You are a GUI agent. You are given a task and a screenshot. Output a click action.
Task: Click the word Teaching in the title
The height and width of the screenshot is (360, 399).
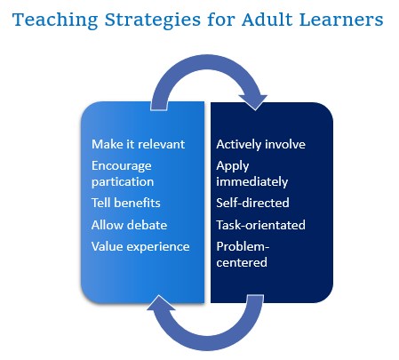point(55,20)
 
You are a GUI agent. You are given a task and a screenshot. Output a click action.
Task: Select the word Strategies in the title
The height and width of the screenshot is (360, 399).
point(153,20)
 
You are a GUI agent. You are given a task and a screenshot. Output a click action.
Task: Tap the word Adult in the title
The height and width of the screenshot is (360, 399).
point(267,20)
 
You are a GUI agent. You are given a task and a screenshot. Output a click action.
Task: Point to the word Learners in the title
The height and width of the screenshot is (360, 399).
point(341,20)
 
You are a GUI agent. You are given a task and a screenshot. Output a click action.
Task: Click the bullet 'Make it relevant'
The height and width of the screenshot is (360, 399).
point(138,144)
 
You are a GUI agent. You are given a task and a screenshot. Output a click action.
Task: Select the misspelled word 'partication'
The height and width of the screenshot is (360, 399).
point(123,182)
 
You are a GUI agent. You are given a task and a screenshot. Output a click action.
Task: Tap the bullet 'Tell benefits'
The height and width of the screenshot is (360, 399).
point(126,203)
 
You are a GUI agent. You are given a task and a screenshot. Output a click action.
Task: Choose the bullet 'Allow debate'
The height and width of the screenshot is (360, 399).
point(129,225)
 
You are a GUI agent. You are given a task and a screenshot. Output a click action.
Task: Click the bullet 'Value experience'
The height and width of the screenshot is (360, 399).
point(140,247)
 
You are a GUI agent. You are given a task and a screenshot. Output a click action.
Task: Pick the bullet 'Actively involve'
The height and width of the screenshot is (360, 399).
point(260,144)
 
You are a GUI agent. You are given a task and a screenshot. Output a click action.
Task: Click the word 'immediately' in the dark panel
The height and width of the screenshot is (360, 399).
point(252,181)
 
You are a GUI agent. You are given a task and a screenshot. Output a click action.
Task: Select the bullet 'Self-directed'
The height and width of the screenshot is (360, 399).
point(252,203)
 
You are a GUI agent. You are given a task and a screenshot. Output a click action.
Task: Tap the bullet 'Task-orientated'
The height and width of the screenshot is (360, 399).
point(260,225)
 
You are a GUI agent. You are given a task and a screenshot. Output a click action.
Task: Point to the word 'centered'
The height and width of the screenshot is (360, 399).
point(242,262)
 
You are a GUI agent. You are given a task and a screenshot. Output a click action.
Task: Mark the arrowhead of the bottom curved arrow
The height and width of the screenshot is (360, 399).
point(160,303)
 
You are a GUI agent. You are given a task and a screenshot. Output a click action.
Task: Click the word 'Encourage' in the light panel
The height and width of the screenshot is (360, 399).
point(122,166)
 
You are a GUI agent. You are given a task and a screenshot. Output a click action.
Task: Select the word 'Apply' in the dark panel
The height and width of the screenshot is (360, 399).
point(233,166)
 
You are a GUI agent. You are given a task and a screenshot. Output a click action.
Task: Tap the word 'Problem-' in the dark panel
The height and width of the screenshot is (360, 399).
point(243,246)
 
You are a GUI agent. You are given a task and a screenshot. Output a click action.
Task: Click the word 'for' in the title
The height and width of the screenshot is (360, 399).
point(221,20)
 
